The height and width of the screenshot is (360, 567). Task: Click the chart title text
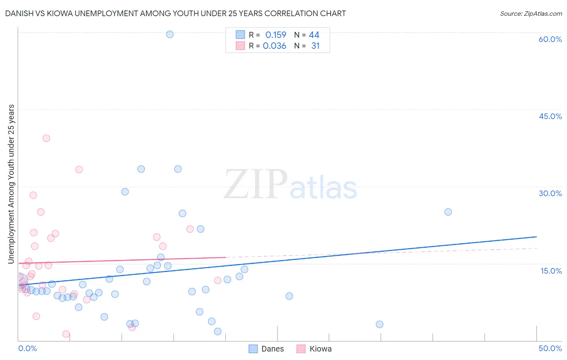coord(175,13)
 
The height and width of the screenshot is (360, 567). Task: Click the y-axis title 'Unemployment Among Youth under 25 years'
coord(11,184)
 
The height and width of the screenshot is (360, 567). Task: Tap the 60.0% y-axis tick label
coord(550,39)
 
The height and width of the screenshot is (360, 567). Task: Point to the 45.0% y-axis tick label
coord(550,116)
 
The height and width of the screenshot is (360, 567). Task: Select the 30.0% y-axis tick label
coord(550,193)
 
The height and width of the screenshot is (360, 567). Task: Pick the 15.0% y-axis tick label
coord(551,271)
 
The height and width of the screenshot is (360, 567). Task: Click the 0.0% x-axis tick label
coord(27,348)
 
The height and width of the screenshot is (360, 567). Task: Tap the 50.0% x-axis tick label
coord(550,348)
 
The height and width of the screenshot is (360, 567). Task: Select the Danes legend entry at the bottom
coord(267,349)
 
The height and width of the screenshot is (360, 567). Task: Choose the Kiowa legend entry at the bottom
coord(315,349)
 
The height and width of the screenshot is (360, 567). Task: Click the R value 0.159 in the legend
coord(275,35)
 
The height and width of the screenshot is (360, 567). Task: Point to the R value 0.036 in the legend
coord(274,46)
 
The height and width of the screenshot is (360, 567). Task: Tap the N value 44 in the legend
coord(314,35)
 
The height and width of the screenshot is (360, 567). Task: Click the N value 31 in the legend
coord(315,46)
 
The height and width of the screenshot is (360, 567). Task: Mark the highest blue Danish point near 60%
coord(170,34)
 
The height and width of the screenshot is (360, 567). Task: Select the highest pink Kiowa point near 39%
coord(46,138)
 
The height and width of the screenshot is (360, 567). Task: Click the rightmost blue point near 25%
coord(448,212)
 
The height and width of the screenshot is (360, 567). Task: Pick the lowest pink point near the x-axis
coord(66,334)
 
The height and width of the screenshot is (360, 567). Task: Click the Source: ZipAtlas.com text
coord(531,14)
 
